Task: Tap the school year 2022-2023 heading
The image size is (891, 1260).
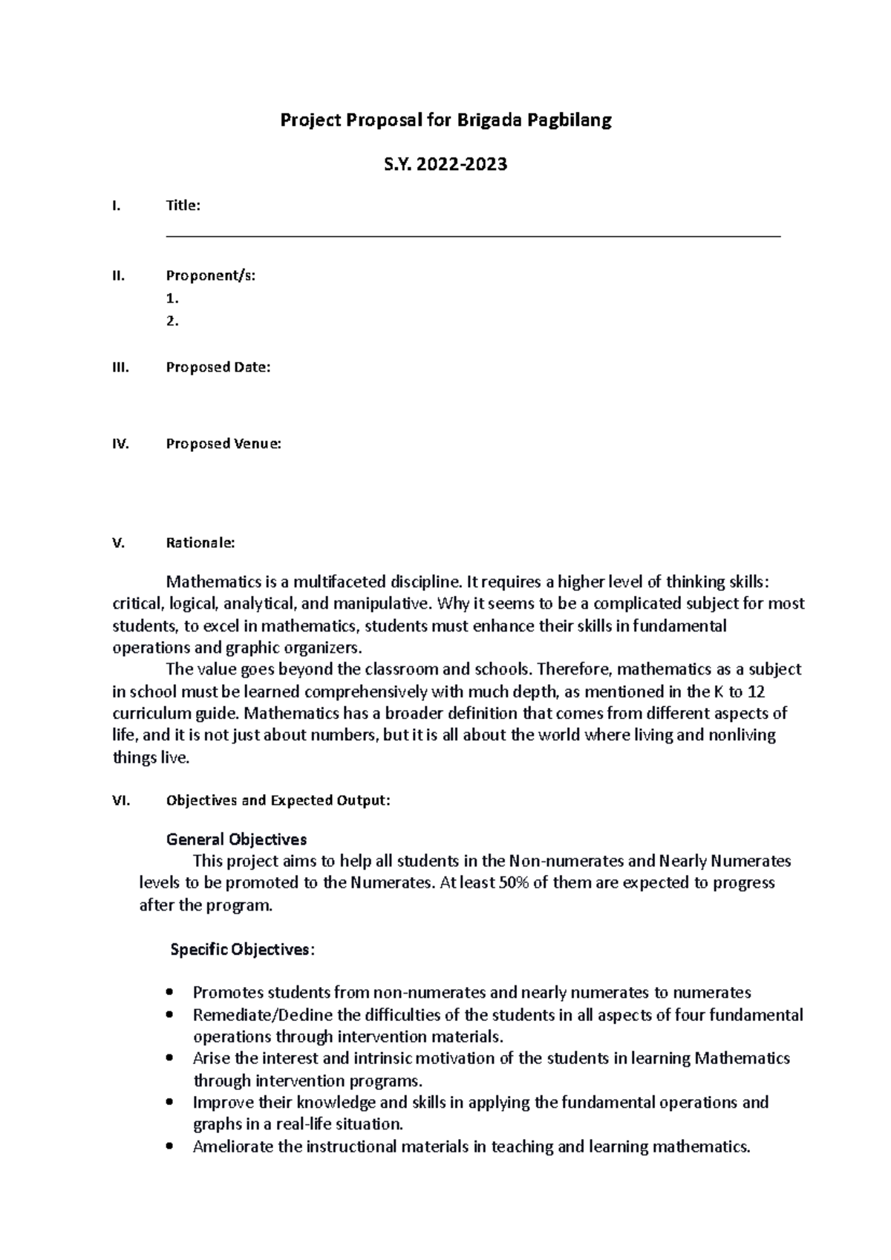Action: (x=446, y=165)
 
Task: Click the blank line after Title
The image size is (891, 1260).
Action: (x=473, y=235)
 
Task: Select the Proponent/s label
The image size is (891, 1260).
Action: (x=210, y=276)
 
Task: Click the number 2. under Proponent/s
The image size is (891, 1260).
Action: (x=172, y=321)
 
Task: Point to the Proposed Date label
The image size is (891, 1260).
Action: (x=218, y=367)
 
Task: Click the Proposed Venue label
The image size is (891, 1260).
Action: (x=223, y=444)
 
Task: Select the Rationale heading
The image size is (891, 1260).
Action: (x=200, y=542)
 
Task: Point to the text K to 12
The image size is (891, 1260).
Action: (x=739, y=692)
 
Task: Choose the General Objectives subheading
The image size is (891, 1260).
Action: (x=236, y=839)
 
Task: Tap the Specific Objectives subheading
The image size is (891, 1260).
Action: (x=242, y=950)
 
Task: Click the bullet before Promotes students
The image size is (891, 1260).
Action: (x=172, y=993)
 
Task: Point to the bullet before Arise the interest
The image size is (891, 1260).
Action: (x=172, y=1058)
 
